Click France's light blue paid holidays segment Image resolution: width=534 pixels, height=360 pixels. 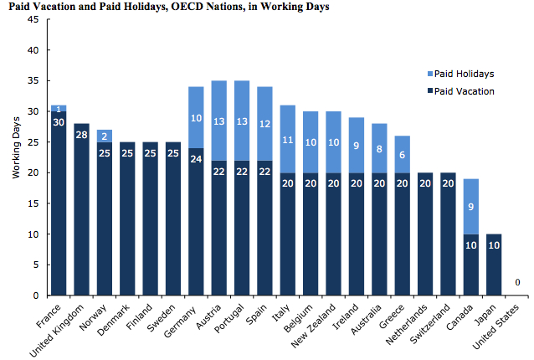point(58,108)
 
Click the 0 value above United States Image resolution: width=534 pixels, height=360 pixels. point(518,283)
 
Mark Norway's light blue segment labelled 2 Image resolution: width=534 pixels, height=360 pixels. point(105,136)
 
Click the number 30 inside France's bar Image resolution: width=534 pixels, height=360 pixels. point(58,121)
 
